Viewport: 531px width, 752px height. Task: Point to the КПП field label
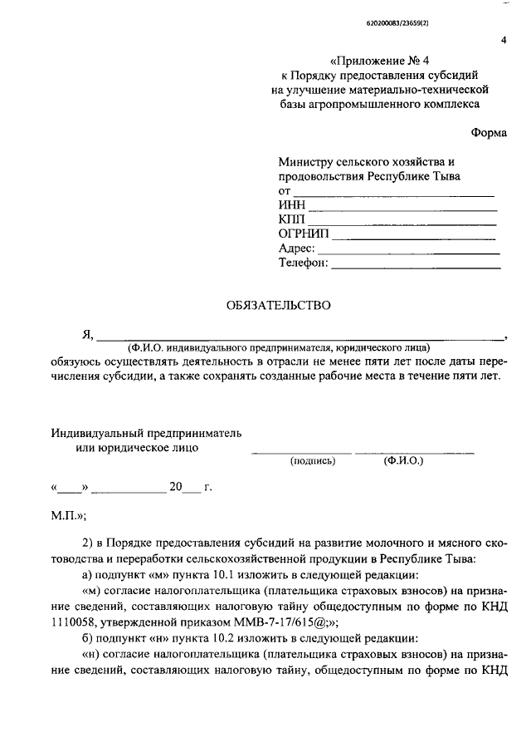293,220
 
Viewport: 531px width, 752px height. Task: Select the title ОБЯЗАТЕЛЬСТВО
278,305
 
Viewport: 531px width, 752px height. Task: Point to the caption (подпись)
312,460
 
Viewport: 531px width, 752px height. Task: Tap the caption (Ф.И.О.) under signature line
403,460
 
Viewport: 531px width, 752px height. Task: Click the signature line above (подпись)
301,452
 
